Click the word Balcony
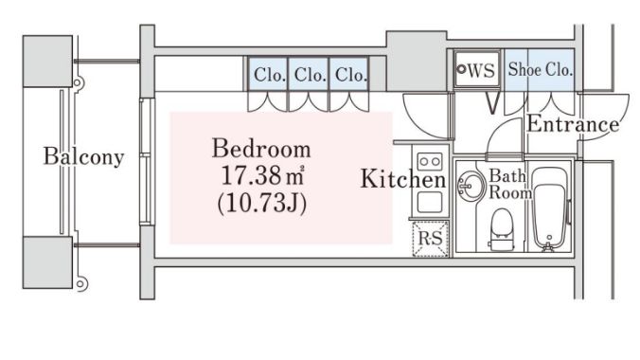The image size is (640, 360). tap(83, 156)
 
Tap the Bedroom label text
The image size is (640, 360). tap(261, 149)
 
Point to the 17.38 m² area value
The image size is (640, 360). tap(263, 175)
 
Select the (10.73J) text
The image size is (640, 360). tap(262, 204)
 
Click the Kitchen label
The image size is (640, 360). tap(403, 179)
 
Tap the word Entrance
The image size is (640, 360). tap(573, 124)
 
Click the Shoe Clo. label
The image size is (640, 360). tap(540, 69)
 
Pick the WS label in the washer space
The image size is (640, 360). tap(481, 70)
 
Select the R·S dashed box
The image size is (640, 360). tap(431, 239)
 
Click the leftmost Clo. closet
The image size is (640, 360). tap(268, 74)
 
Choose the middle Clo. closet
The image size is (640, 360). tap(309, 74)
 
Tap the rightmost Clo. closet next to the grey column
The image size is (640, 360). tap(349, 74)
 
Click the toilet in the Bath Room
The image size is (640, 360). tap(501, 229)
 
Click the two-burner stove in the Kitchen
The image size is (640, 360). tap(430, 161)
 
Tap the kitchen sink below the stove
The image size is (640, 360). tap(430, 202)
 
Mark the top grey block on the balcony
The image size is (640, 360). tap(47, 62)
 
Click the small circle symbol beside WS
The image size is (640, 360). tap(462, 69)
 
